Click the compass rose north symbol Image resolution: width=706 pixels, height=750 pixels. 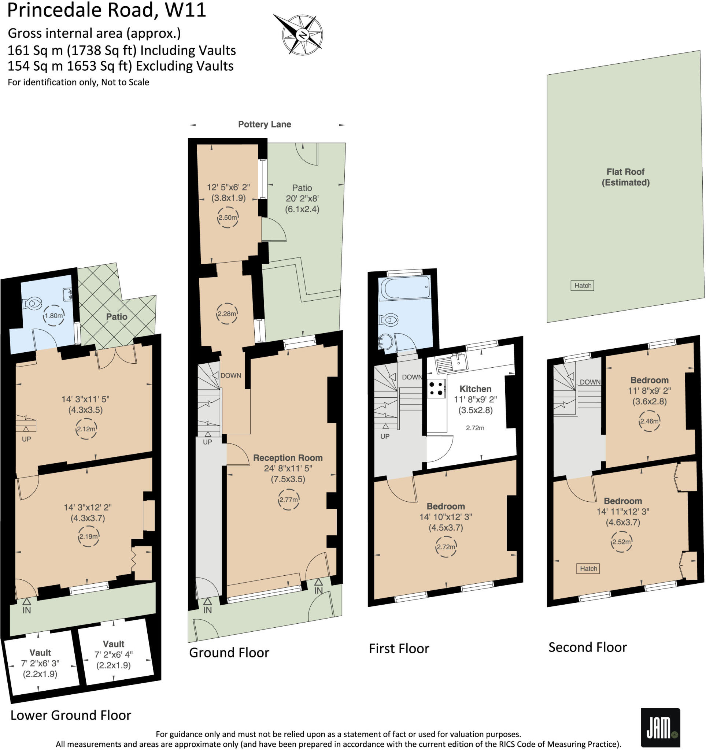[302, 35]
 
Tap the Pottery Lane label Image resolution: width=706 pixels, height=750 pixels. [265, 125]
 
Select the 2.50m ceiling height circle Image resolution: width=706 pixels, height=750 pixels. [228, 217]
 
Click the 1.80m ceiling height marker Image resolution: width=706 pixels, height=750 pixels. [53, 315]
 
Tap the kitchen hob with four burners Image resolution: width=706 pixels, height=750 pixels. [436, 389]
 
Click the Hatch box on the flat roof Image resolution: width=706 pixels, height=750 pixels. [582, 286]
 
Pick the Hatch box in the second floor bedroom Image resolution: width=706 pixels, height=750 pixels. [588, 568]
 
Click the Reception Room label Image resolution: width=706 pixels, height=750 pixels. [288, 458]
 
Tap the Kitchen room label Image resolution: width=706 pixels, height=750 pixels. [475, 389]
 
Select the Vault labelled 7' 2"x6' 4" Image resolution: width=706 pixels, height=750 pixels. [114, 654]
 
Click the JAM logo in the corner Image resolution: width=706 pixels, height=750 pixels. [660, 728]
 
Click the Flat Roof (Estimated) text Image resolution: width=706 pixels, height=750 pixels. [625, 177]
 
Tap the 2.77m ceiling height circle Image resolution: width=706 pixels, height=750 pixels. [288, 500]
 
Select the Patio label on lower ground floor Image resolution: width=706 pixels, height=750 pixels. [117, 316]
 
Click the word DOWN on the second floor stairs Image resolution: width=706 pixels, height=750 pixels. [590, 382]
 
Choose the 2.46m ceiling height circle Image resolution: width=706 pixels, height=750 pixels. [649, 421]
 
